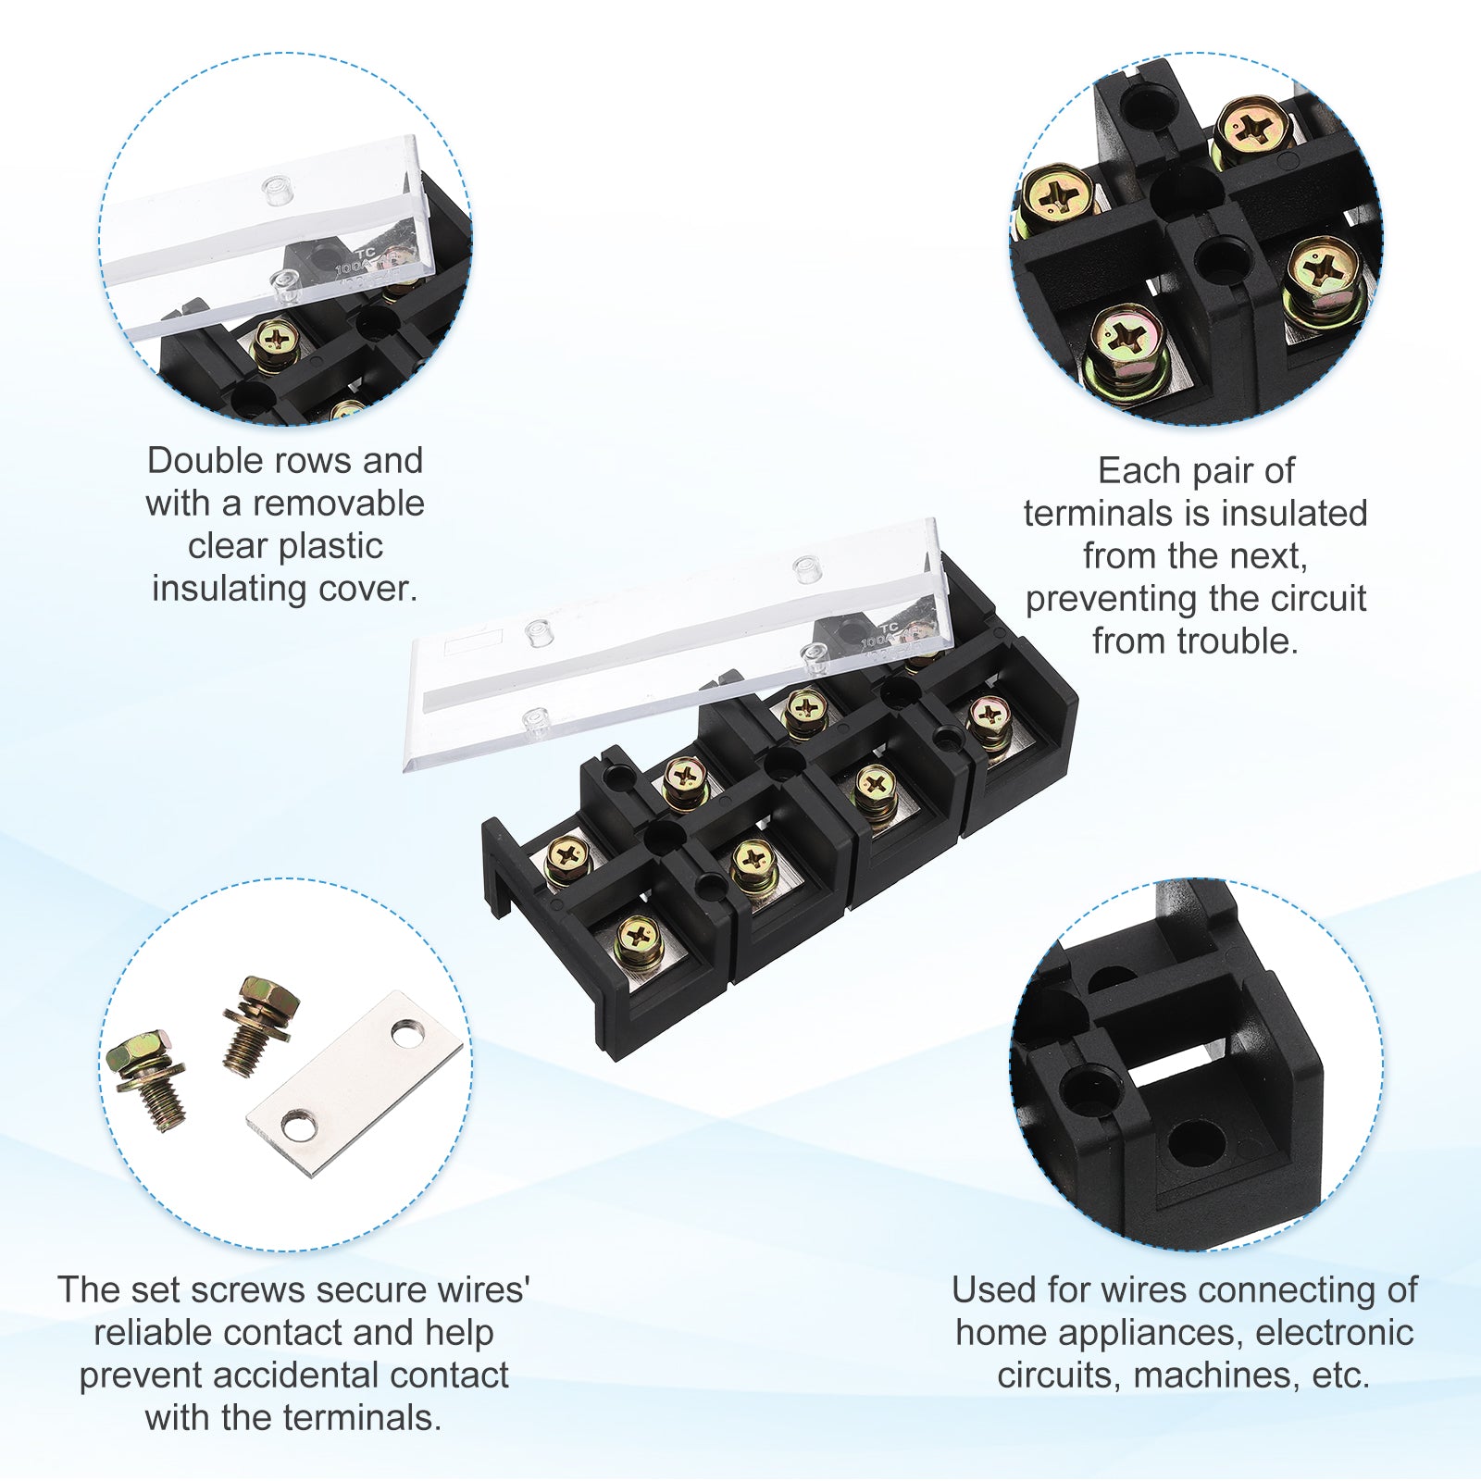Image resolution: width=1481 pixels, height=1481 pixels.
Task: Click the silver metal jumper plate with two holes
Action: tap(355, 1083)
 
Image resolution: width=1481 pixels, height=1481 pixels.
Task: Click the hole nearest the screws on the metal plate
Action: tap(297, 1126)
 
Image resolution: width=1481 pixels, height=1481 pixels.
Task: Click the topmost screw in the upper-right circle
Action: tap(1252, 132)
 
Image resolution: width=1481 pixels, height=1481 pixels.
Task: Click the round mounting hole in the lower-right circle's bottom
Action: tap(1195, 1144)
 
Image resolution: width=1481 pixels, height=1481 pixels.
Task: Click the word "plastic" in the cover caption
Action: tap(330, 546)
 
